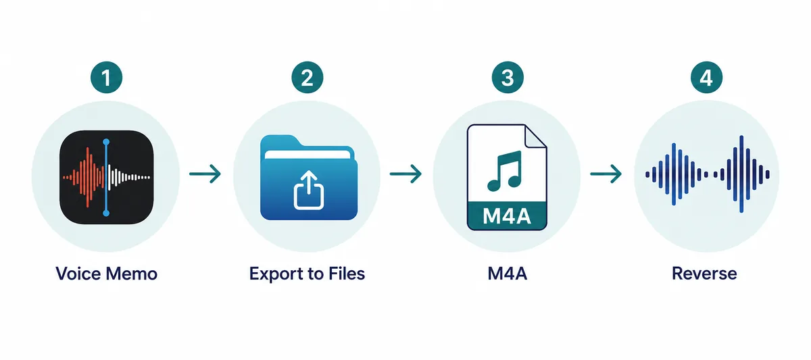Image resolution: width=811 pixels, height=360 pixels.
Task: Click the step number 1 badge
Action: pyautogui.click(x=107, y=78)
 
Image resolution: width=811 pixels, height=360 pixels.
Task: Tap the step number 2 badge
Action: pyautogui.click(x=308, y=78)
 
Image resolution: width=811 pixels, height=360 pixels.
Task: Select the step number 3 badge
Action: pyautogui.click(x=508, y=78)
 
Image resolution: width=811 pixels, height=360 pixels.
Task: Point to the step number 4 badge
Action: pyautogui.click(x=707, y=78)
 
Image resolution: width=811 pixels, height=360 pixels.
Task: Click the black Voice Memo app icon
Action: pyautogui.click(x=107, y=177)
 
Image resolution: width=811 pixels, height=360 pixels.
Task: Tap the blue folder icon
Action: pyautogui.click(x=309, y=177)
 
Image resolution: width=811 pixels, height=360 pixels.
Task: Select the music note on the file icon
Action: pyautogui.click(x=505, y=171)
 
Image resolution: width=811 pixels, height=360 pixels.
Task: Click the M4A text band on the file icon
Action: pyautogui.click(x=507, y=216)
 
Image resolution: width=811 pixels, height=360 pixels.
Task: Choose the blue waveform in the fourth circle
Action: pyautogui.click(x=707, y=174)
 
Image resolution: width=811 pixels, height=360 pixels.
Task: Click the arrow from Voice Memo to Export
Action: pyautogui.click(x=205, y=174)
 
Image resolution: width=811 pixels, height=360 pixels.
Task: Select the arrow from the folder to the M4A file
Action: pyautogui.click(x=405, y=174)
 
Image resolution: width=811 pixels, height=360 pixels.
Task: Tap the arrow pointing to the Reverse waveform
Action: pyautogui.click(x=606, y=174)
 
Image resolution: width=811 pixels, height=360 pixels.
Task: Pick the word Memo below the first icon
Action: pyautogui.click(x=132, y=274)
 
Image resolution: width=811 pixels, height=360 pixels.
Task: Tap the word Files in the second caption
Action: pyautogui.click(x=347, y=274)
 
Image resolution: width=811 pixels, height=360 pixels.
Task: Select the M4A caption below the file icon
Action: pyautogui.click(x=508, y=274)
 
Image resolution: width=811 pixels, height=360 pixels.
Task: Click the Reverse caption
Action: pyautogui.click(x=704, y=274)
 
